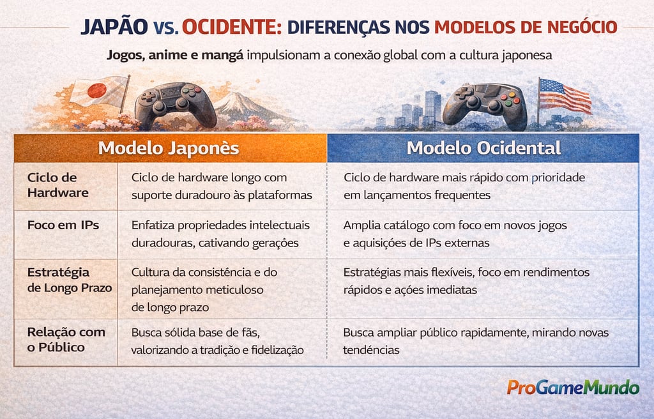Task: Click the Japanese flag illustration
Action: pyautogui.click(x=98, y=92)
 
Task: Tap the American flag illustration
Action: pyautogui.click(x=564, y=96)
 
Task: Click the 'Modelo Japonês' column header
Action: pyautogui.click(x=169, y=148)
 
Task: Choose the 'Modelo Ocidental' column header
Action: pyautogui.click(x=483, y=148)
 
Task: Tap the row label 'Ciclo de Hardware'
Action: pyautogui.click(x=52, y=185)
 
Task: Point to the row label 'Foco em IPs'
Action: pyautogui.click(x=63, y=225)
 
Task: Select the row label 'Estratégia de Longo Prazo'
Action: pyautogui.click(x=69, y=280)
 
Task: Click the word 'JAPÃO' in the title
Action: pyautogui.click(x=114, y=27)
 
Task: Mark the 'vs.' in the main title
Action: pyautogui.click(x=165, y=28)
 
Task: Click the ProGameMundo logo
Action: pyautogui.click(x=573, y=387)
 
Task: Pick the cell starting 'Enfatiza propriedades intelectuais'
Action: pyautogui.click(x=220, y=234)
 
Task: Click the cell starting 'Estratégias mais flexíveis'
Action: pyautogui.click(x=466, y=280)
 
